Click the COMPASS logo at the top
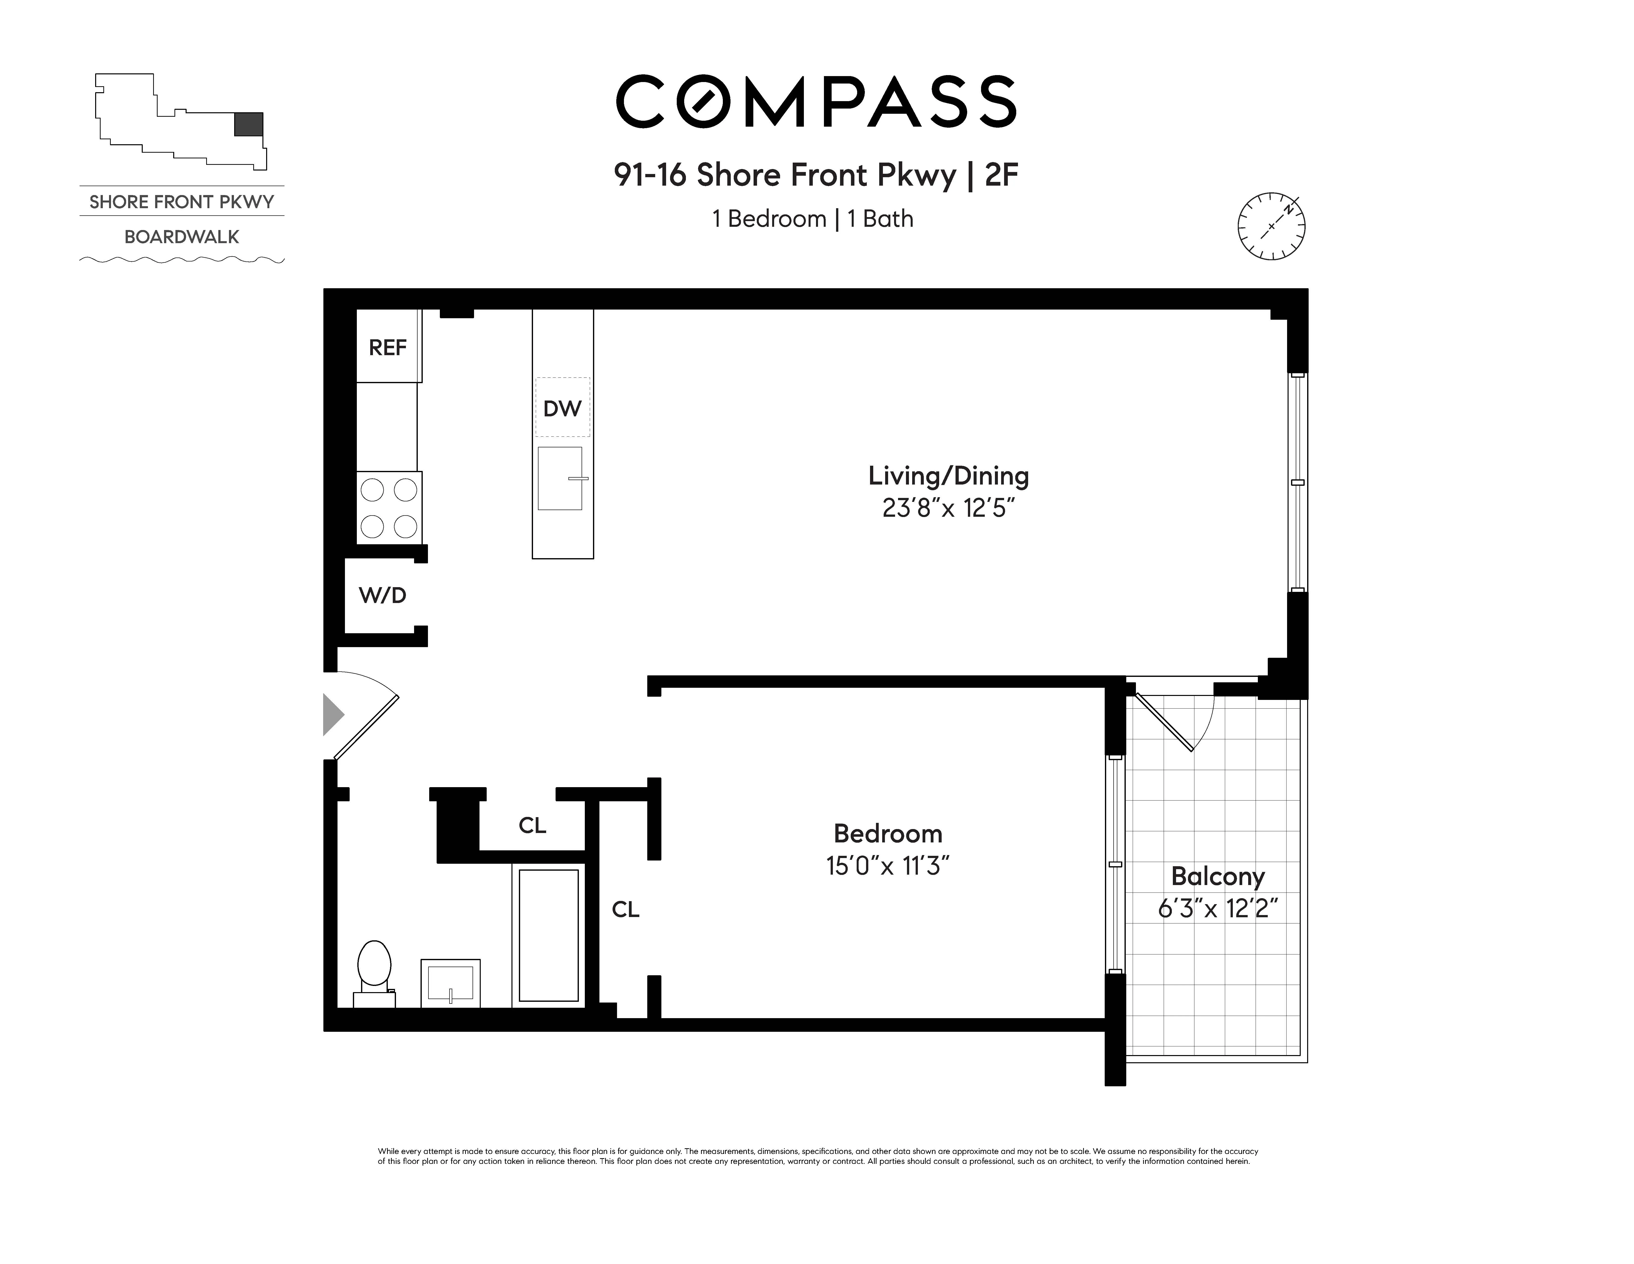pos(816,102)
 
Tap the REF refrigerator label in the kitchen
pos(388,347)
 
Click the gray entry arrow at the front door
pos(332,715)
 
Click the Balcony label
pos(1217,876)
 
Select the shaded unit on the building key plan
pos(248,124)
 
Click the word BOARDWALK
pos(182,237)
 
